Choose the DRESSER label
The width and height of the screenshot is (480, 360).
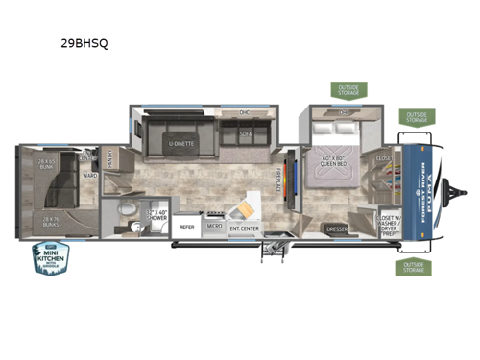336,230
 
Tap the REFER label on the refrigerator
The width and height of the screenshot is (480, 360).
186,228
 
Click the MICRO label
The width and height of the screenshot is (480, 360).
215,227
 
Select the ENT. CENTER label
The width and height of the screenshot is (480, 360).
246,228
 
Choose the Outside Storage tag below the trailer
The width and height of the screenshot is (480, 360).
414,266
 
